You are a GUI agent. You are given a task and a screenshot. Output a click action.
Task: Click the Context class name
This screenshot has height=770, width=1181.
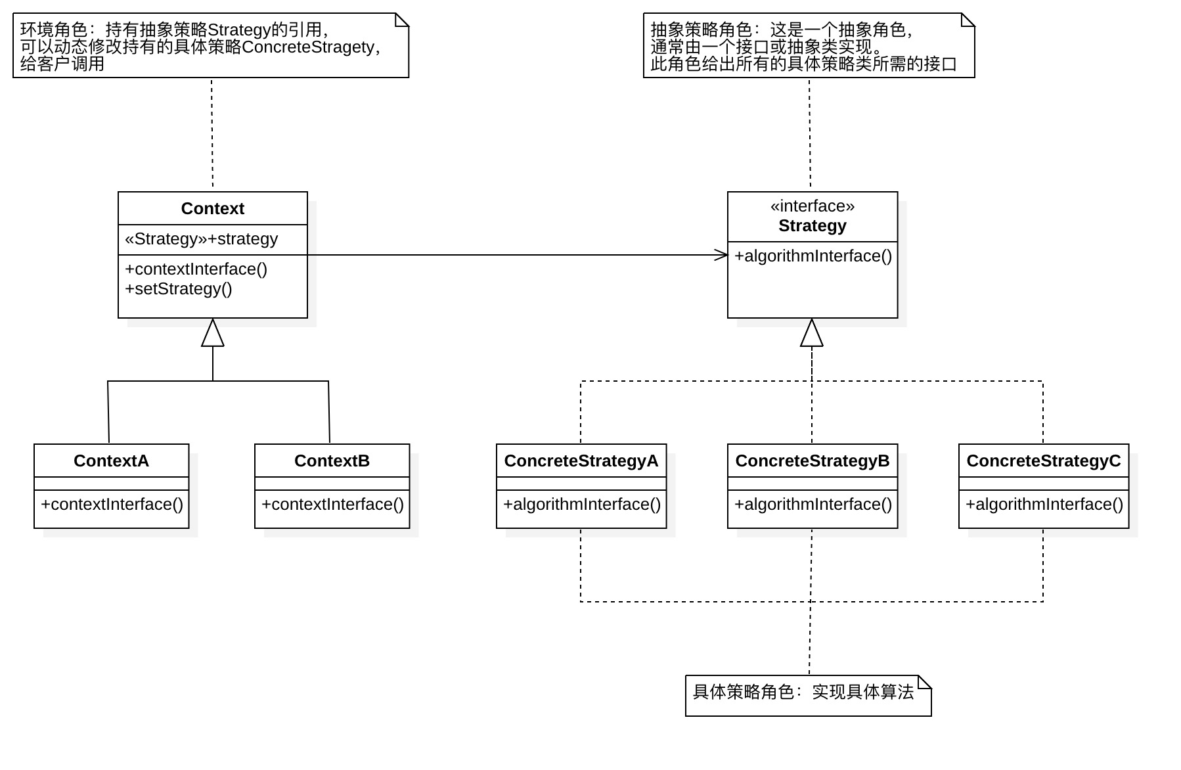(212, 209)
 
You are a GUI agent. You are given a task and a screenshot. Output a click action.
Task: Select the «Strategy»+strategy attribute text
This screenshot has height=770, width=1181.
(201, 239)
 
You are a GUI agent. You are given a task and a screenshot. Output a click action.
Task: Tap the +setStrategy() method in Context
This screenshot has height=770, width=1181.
(178, 289)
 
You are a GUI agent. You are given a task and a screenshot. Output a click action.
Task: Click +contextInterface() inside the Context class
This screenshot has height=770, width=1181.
(196, 269)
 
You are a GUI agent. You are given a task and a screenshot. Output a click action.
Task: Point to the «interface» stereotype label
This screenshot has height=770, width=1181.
(812, 206)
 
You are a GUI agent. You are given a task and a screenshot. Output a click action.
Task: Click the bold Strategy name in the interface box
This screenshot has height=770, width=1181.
(812, 226)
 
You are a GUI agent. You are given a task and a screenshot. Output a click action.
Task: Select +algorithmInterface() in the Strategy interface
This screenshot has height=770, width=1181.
(813, 256)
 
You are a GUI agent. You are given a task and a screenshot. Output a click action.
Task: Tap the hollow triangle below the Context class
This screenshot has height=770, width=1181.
(212, 333)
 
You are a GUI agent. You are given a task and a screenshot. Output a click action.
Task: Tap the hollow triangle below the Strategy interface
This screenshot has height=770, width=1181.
(812, 333)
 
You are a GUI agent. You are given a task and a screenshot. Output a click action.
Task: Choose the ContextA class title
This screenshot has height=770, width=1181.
(111, 461)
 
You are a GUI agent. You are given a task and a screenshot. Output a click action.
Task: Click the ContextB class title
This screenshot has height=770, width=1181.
(332, 461)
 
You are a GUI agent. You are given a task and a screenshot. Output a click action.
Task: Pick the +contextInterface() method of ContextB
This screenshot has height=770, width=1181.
(332, 505)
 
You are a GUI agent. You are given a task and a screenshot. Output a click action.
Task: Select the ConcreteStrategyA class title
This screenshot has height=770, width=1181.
(581, 461)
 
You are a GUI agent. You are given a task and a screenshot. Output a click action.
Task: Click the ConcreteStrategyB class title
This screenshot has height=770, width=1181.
(812, 461)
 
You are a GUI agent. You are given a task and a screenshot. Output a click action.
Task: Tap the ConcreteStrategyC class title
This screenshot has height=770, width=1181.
(1043, 461)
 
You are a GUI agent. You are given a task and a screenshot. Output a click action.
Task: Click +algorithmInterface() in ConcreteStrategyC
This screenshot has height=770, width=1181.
(1044, 505)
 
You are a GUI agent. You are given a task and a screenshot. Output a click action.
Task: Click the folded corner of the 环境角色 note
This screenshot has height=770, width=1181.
(401, 20)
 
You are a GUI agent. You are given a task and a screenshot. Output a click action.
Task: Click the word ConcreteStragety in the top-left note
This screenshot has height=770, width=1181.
(307, 47)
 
